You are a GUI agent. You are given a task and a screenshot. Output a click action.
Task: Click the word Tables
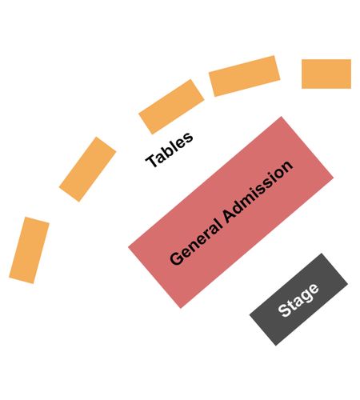coord(170,150)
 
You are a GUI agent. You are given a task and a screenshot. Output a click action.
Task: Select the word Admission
coord(258,191)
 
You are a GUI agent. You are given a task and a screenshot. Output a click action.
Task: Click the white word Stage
coord(298,300)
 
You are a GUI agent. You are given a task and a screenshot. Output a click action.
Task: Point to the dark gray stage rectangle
coord(298,299)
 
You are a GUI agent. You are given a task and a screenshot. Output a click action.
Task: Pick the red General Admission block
coord(230,212)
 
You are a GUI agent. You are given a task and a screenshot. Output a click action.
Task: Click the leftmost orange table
coord(29,250)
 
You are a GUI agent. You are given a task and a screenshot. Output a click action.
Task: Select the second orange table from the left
coord(87,170)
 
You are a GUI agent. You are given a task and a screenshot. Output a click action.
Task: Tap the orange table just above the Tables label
coord(171,106)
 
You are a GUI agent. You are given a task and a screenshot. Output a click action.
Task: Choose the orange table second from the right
coord(245,76)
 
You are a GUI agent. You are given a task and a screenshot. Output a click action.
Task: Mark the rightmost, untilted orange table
coord(326,74)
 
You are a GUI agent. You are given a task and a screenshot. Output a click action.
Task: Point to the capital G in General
coord(177,258)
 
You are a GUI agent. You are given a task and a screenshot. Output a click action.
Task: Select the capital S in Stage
coord(284,310)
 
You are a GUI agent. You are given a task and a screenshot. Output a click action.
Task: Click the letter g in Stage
coord(307,294)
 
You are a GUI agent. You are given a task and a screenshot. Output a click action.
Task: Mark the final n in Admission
coord(287,166)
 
